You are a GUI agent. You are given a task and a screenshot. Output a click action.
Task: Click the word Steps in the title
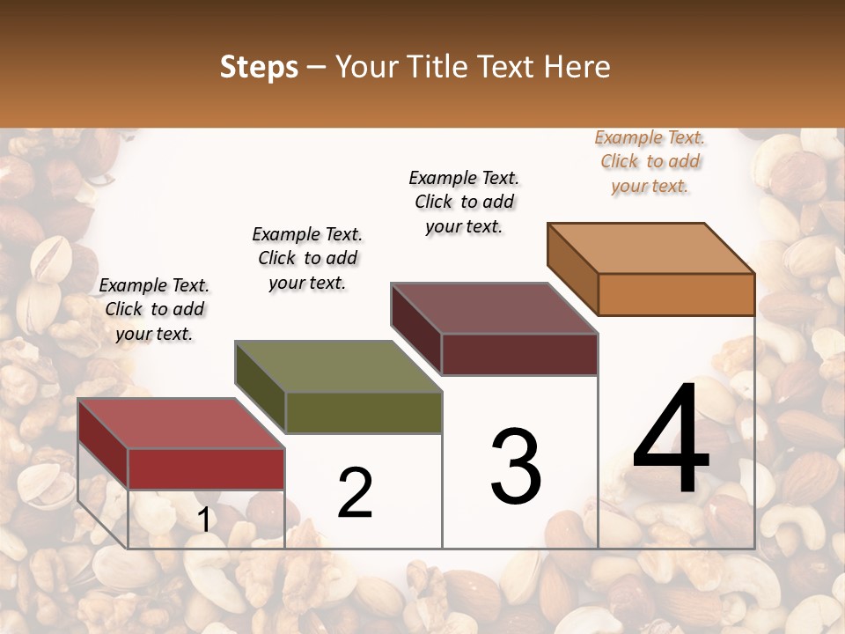[x=259, y=67]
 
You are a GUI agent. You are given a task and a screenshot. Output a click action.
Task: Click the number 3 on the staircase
[x=516, y=468]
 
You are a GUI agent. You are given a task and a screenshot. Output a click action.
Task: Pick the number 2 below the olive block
[x=355, y=493]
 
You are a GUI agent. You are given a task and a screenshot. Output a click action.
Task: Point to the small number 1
[x=204, y=520]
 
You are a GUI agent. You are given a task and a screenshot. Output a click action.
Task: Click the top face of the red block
[x=180, y=423]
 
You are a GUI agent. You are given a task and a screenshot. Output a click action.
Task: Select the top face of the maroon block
[x=494, y=308]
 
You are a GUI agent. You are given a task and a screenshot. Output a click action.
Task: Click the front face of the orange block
[x=676, y=294]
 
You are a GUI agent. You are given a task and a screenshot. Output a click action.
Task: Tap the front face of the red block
[x=206, y=468]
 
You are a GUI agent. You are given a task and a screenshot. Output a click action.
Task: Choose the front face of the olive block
[x=364, y=412]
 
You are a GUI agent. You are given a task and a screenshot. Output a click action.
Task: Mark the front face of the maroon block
[x=519, y=354]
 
